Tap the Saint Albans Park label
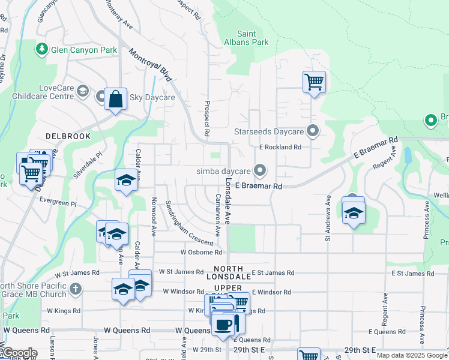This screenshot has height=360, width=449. pos(252,38)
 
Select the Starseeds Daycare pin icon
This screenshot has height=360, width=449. pos(312,131)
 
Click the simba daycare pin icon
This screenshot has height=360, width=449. pos(259,171)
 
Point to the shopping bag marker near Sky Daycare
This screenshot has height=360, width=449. pos(115,99)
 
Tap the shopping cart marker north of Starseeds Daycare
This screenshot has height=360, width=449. pos(314,81)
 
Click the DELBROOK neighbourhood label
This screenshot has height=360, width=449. pos(67,136)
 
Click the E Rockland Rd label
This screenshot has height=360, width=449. pos(280,147)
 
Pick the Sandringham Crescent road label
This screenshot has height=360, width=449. pos(190,223)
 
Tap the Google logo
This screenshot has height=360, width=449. pos(19,353)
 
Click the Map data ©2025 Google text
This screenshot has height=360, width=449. pos(412,355)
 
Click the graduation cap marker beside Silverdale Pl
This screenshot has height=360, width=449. pos(126,180)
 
